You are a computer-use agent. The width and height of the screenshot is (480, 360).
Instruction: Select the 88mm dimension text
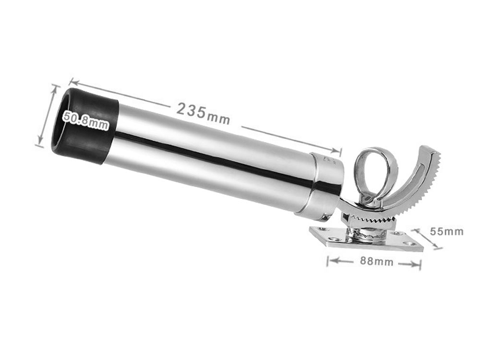click(x=376, y=261)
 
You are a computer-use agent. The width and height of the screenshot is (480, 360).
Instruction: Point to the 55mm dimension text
click(x=446, y=231)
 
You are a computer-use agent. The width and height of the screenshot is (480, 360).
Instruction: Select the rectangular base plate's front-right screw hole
click(x=408, y=244)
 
